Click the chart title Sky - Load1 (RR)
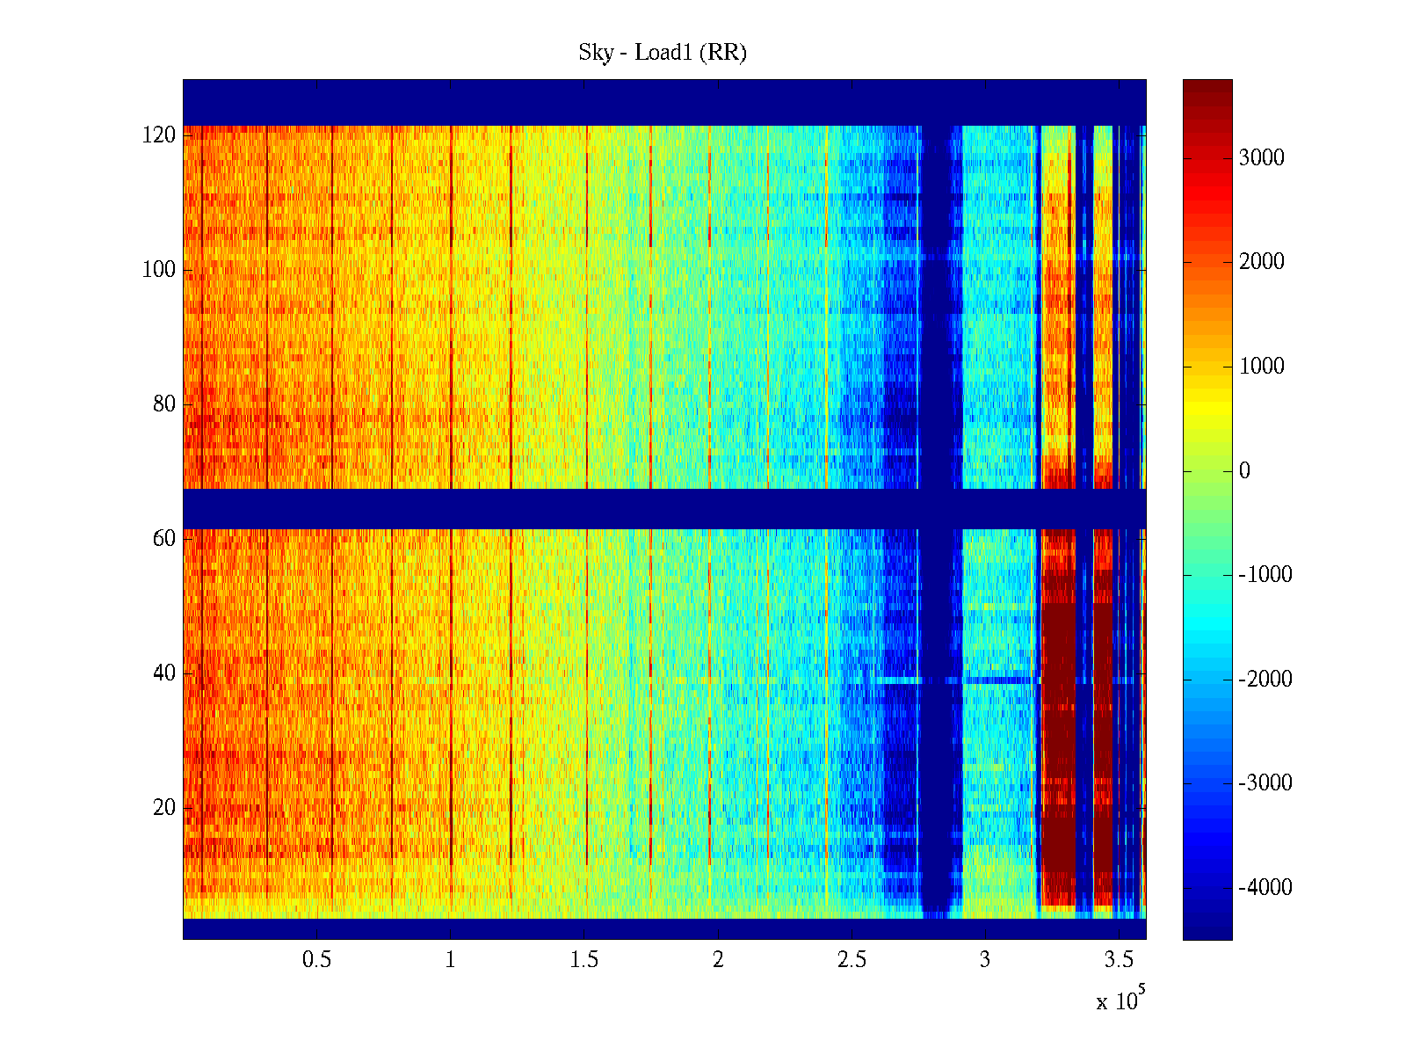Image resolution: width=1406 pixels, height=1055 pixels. (x=663, y=53)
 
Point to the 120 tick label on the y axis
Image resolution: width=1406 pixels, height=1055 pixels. (x=159, y=135)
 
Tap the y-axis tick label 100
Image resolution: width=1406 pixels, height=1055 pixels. (x=159, y=270)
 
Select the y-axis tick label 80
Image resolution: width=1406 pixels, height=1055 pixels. (x=164, y=404)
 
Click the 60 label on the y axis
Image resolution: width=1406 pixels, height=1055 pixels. (x=164, y=538)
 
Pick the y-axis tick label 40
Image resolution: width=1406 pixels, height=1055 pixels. (x=164, y=673)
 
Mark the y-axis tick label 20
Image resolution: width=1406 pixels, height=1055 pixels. (x=164, y=807)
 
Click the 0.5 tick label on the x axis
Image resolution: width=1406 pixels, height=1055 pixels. (x=316, y=960)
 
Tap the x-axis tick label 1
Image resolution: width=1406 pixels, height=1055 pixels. (x=451, y=960)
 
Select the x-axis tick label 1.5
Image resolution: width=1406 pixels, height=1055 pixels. (x=584, y=960)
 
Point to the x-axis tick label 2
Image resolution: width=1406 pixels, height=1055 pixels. (x=718, y=960)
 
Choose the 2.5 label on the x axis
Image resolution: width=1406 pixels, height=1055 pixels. (x=852, y=960)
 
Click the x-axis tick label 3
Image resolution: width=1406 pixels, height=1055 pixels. (x=985, y=960)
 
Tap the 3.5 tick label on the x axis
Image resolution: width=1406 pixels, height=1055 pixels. (x=1119, y=960)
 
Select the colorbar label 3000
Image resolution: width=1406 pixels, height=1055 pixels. (x=1262, y=158)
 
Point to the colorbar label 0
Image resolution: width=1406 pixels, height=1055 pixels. (x=1244, y=471)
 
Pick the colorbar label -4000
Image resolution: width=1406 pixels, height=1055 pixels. (x=1265, y=888)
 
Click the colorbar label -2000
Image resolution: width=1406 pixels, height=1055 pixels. (x=1265, y=680)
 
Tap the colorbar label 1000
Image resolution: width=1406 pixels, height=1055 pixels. (x=1262, y=367)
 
